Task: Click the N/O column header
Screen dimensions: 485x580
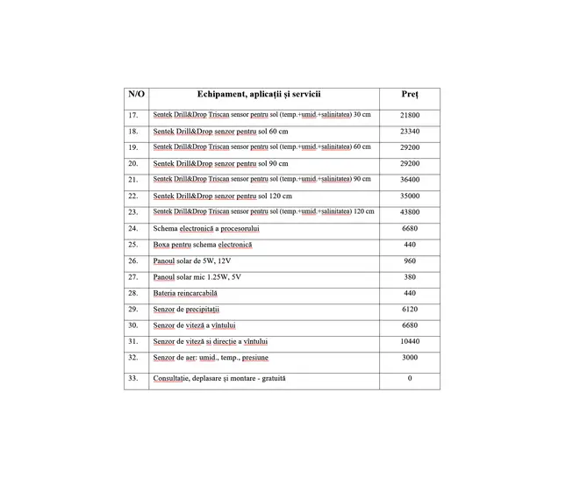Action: (x=136, y=93)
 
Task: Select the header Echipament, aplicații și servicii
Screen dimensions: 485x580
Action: (x=259, y=93)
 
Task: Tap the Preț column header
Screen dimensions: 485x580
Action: (x=410, y=93)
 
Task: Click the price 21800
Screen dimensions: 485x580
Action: (x=410, y=115)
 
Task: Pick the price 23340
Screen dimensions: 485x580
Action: (x=410, y=131)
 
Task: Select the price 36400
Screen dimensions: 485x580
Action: (x=410, y=179)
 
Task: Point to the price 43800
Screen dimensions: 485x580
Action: (x=410, y=211)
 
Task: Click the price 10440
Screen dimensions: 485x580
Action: (x=410, y=340)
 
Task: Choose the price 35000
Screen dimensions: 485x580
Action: (x=410, y=196)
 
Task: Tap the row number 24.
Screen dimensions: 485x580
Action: (x=133, y=228)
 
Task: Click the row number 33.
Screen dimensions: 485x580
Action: (x=133, y=378)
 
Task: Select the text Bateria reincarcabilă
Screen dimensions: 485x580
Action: (x=185, y=293)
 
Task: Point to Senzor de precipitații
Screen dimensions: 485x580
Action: (x=186, y=310)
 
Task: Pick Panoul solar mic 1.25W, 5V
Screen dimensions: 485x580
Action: (x=197, y=276)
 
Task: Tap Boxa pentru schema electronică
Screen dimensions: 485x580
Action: (x=202, y=244)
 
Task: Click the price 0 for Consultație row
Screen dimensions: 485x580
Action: (x=410, y=378)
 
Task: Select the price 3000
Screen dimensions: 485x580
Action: (x=410, y=357)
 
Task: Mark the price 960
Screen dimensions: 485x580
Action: (x=410, y=260)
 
